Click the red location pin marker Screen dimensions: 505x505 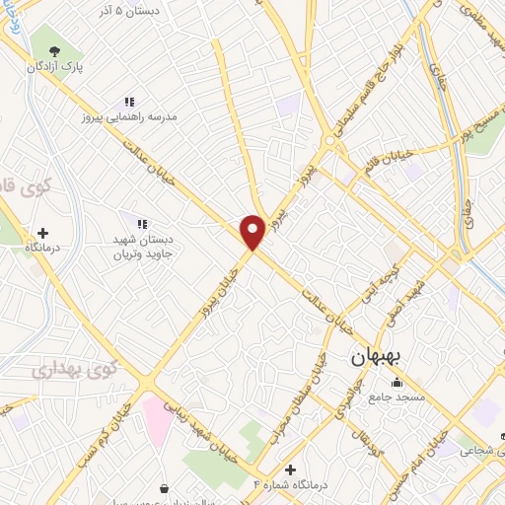pyautogui.click(x=252, y=231)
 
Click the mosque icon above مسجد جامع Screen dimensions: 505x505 pyautogui.click(x=397, y=383)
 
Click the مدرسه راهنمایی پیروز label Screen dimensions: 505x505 pyautogui.click(x=128, y=116)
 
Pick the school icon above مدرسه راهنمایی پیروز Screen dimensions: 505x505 pyautogui.click(x=128, y=101)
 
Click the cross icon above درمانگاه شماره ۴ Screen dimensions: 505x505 pyautogui.click(x=289, y=469)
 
